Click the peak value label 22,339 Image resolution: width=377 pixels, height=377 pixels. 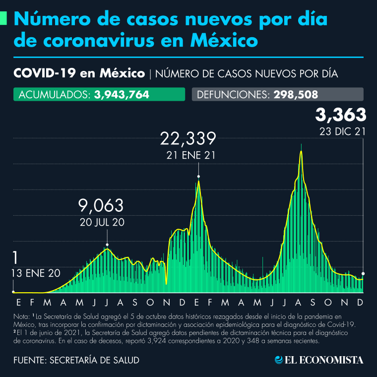[x=188, y=139]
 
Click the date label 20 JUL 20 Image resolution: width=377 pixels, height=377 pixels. [x=102, y=222]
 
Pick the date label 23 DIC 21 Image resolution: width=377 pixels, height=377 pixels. [x=343, y=131]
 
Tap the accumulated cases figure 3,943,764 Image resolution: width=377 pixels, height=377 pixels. [x=122, y=95]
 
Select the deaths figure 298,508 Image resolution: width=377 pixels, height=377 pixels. [x=296, y=95]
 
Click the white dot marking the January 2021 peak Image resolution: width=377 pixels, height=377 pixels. [x=198, y=176]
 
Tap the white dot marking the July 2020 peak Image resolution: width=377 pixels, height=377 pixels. [x=107, y=245]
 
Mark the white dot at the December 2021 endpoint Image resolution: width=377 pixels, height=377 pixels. [x=363, y=273]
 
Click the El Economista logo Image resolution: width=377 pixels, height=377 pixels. [x=318, y=360]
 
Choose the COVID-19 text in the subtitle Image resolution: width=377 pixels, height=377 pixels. [x=44, y=74]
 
